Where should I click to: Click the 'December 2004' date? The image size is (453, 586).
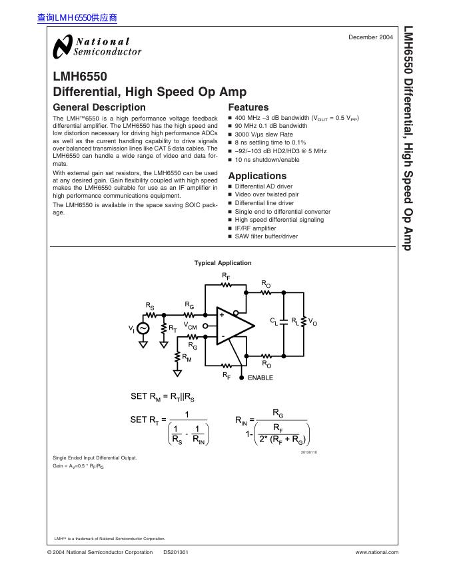click(371, 37)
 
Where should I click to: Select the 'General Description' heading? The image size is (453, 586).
click(99, 107)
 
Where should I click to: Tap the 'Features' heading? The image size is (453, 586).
click(248, 107)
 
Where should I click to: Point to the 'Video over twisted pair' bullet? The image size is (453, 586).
click(266, 194)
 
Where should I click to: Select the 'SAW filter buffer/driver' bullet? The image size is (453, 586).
click(266, 236)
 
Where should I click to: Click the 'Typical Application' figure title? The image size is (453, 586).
click(223, 263)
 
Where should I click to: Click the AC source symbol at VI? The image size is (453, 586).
click(143, 329)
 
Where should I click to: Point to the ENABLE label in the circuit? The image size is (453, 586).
click(260, 378)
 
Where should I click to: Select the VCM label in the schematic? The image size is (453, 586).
click(191, 326)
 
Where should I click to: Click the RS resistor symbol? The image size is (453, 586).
click(150, 314)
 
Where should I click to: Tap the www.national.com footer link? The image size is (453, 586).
click(377, 552)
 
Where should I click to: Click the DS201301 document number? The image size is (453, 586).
click(176, 552)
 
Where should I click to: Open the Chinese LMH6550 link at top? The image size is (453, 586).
click(77, 18)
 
